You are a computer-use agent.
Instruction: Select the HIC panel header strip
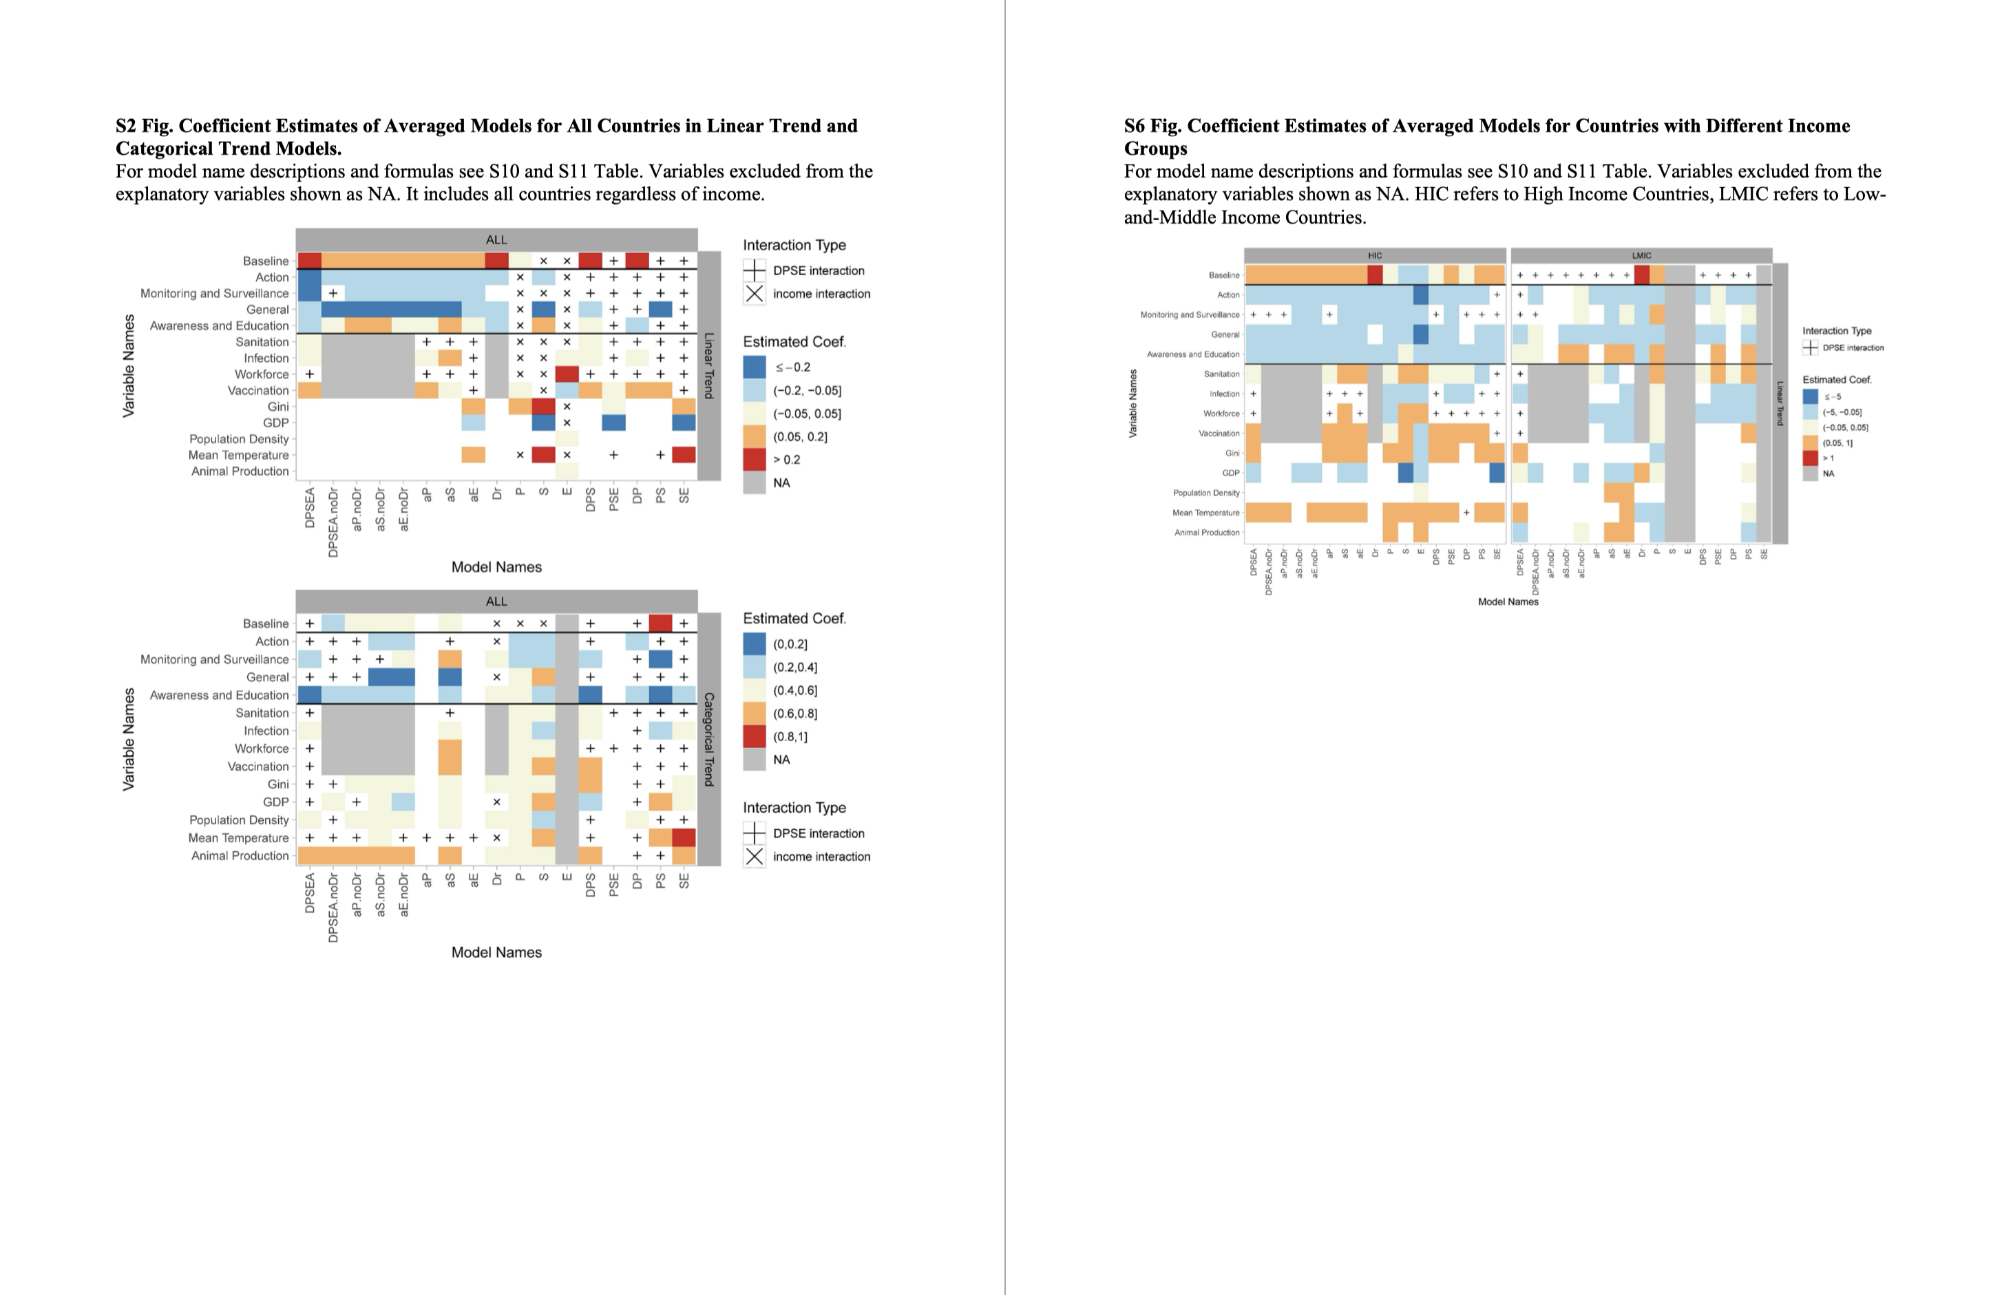pos(1375,255)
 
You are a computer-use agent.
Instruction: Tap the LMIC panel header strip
pos(1641,255)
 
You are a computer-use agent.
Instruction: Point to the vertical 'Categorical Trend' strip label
pos(709,739)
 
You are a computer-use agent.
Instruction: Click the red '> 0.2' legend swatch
pos(755,460)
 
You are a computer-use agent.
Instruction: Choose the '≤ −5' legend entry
pos(1811,397)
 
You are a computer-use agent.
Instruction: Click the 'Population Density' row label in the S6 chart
pos(1206,493)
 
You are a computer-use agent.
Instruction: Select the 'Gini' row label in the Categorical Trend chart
pos(277,784)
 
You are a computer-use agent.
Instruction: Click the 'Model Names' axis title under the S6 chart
pos(1508,601)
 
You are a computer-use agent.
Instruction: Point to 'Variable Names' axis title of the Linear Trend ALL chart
pos(129,366)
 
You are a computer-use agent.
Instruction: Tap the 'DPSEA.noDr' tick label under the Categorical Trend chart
pos(333,908)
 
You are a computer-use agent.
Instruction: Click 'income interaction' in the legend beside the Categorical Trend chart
pos(821,856)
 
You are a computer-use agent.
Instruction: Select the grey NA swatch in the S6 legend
pos(1811,473)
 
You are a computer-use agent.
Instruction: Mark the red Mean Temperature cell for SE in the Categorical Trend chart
pos(684,837)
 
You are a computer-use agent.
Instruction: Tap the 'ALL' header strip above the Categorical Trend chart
pos(496,601)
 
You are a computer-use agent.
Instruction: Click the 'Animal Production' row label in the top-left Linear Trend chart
pos(240,471)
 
